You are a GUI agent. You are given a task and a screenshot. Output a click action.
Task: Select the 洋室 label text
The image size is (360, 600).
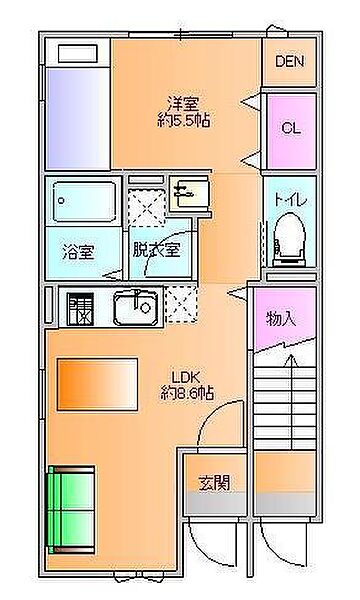pos(182,102)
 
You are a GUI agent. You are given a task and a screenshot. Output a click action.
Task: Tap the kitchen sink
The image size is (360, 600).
pos(136,307)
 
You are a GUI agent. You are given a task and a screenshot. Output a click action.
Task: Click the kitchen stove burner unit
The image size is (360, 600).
pos(79,308)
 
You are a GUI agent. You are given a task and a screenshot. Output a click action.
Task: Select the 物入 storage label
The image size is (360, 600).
pos(281,319)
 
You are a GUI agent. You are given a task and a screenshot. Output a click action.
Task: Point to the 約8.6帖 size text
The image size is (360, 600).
pos(188,395)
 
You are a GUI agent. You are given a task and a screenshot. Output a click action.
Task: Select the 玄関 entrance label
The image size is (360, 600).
pos(214,483)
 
